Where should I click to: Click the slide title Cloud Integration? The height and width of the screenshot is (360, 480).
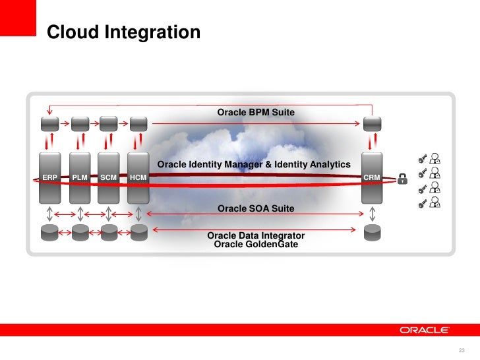click(123, 32)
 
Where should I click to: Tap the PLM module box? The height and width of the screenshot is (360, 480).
click(80, 177)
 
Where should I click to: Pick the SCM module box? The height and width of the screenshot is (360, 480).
click(109, 177)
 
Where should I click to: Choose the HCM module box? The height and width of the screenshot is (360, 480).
click(138, 177)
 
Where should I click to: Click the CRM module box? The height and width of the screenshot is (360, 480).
click(372, 177)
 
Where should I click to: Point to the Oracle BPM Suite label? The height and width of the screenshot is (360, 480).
click(256, 113)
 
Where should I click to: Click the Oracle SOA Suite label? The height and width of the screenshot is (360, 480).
click(256, 208)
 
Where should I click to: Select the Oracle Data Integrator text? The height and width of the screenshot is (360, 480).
click(256, 235)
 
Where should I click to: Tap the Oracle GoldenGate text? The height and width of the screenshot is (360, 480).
click(256, 244)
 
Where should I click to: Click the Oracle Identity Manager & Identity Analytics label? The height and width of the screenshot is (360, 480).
click(254, 164)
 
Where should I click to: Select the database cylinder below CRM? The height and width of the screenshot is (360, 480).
click(373, 232)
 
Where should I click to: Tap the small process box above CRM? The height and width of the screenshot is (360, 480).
click(373, 123)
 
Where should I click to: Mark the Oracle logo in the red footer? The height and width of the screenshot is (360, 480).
click(425, 330)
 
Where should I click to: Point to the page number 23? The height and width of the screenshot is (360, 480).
click(462, 349)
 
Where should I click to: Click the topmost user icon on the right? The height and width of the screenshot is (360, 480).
click(435, 158)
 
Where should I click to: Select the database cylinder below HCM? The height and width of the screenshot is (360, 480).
click(138, 232)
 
